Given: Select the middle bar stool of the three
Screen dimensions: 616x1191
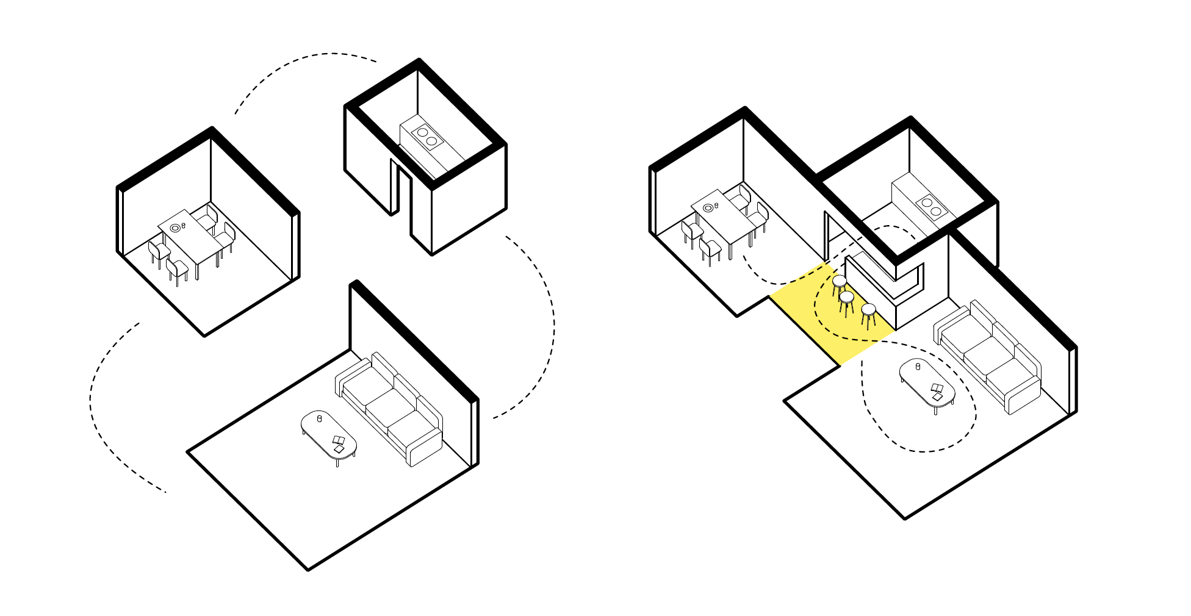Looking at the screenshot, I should coord(846,297).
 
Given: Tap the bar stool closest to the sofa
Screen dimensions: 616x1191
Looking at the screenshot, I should coord(868,310).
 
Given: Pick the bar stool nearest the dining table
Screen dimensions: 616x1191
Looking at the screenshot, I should coord(840,281).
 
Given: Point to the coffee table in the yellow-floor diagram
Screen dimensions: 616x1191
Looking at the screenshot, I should coord(927,382).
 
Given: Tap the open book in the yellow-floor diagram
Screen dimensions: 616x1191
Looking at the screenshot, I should coord(937,390).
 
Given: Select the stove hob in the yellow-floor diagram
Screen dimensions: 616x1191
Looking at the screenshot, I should coord(931,206).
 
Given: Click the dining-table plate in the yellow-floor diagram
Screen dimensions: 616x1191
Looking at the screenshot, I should coord(708,208).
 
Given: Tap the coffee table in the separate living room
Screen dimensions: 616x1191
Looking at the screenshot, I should coord(328,433).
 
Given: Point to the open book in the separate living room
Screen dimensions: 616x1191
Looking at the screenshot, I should coord(339,443).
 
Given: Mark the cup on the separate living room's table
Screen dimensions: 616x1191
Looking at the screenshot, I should coord(319,418).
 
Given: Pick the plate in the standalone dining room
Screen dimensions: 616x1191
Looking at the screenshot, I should coord(175,227).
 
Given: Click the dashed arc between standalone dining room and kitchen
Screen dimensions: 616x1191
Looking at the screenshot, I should coord(299,61).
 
